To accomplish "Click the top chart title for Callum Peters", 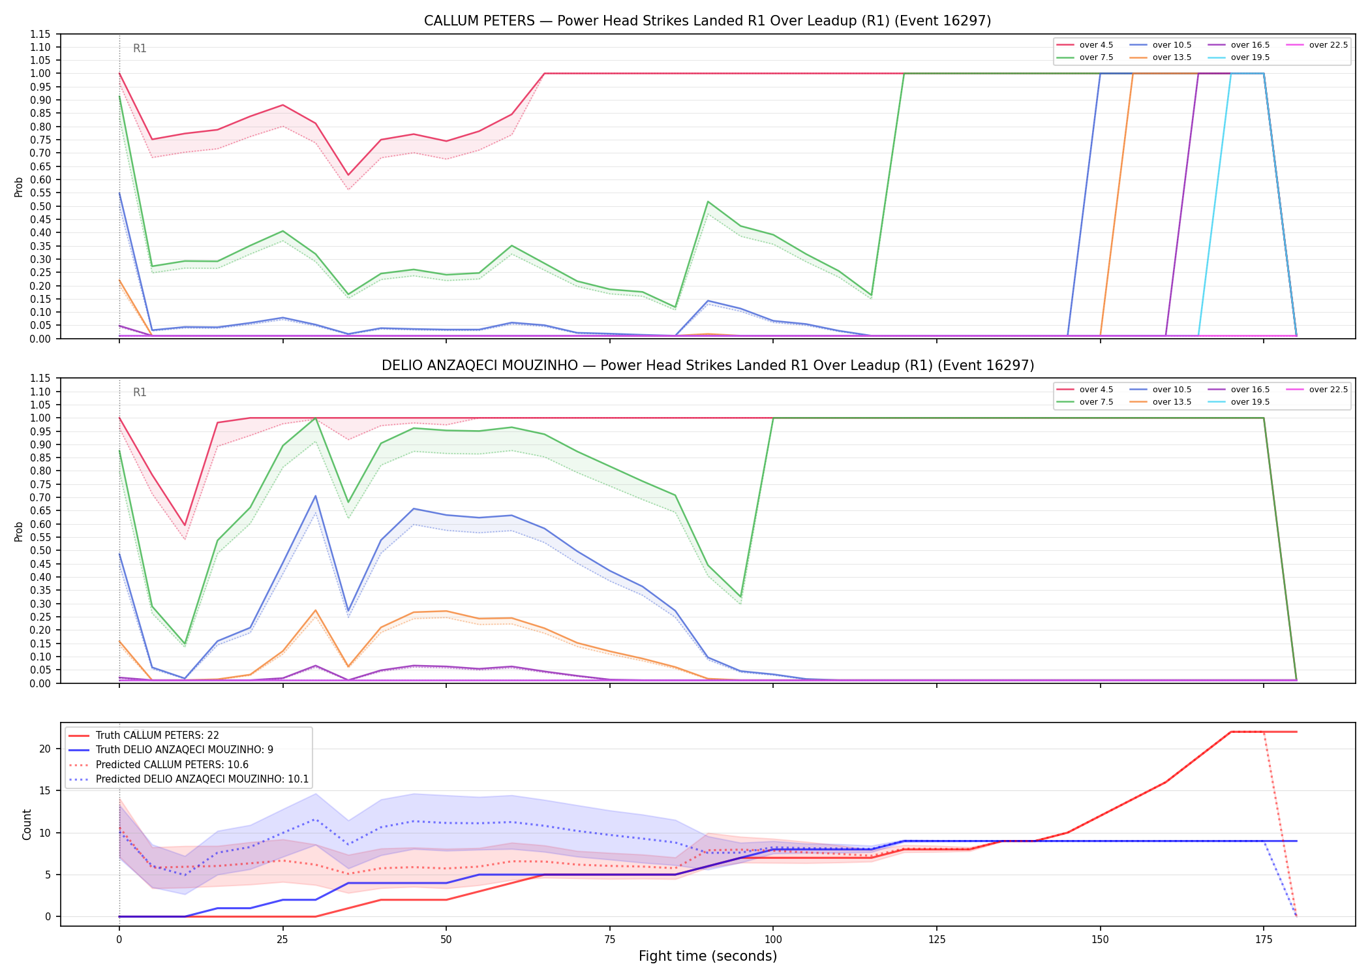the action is [707, 21].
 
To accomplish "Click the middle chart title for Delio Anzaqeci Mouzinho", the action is [707, 365].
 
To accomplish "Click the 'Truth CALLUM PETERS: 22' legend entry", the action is [144, 736].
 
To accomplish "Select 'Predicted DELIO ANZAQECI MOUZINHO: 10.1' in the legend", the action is [189, 779].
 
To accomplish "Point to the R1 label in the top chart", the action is [140, 48].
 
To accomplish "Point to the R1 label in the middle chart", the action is [140, 392].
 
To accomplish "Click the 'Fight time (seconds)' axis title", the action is [708, 956].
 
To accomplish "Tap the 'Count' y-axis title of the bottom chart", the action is [27, 824].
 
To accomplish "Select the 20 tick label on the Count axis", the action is [44, 749].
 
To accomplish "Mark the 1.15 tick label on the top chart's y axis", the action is [40, 34].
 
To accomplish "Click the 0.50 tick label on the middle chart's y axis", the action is [40, 550].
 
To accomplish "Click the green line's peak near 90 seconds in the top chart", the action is [708, 202].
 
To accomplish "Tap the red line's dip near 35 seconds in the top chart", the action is [348, 175].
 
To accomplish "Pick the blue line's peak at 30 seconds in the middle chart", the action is [316, 496].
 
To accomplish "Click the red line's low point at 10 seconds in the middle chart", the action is [185, 525].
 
